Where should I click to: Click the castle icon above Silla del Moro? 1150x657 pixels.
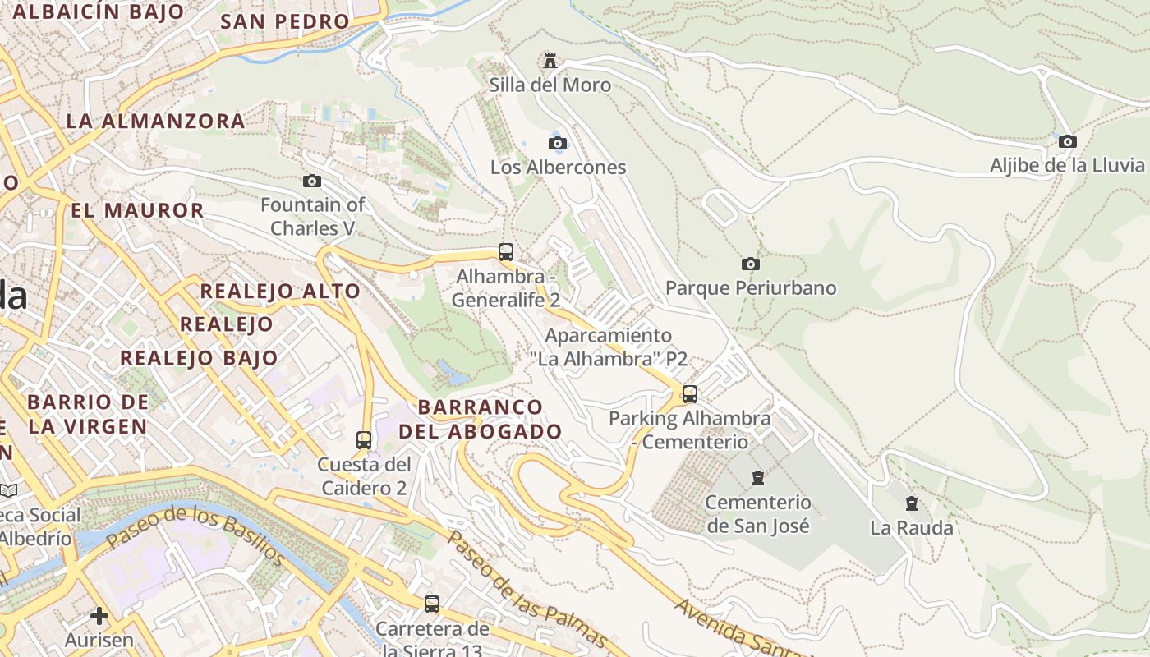(x=550, y=61)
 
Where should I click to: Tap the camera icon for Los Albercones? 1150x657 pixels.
(x=558, y=144)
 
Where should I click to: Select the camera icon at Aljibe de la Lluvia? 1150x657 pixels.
(x=1067, y=141)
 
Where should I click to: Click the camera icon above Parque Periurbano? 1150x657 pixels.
(x=750, y=264)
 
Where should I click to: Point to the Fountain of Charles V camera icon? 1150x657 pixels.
(x=312, y=181)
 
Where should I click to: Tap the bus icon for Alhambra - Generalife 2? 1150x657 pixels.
(x=506, y=252)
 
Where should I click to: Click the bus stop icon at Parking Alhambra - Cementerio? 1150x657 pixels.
(x=690, y=394)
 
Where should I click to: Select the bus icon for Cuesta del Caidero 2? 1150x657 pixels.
(x=364, y=440)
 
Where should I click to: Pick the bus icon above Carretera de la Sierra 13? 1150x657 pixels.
(x=432, y=604)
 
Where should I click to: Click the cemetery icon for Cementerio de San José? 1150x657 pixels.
(x=758, y=478)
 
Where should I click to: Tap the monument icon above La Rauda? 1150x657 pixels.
(x=911, y=503)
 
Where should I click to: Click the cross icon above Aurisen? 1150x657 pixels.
(x=99, y=616)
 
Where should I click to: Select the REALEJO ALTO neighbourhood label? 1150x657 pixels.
(x=280, y=291)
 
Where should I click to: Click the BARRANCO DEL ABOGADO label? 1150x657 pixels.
(x=481, y=419)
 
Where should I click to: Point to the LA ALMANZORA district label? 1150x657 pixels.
(x=155, y=121)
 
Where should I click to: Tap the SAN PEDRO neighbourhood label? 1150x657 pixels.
(x=285, y=21)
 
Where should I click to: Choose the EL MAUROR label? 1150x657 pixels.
(x=137, y=210)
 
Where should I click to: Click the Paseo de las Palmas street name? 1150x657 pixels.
(x=526, y=589)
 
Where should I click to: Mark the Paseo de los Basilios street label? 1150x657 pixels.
(x=195, y=535)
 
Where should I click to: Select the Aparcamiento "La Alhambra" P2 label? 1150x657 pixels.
(x=608, y=347)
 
